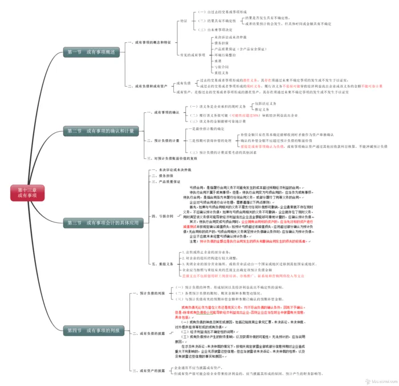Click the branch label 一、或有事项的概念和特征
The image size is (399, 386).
point(149,42)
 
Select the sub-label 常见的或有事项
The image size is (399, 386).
point(193,55)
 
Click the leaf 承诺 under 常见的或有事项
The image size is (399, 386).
point(218,60)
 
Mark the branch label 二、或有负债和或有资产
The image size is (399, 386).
point(148,86)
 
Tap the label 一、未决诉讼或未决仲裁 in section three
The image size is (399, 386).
point(171,169)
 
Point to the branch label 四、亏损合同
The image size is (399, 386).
point(162,216)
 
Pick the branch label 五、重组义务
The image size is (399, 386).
point(162,263)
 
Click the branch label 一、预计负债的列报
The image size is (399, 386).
point(150,293)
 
